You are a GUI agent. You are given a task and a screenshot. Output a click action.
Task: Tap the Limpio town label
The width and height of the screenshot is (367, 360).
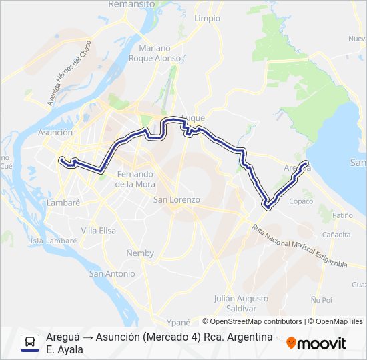207,19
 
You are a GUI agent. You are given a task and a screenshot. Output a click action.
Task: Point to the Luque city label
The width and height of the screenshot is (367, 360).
193,118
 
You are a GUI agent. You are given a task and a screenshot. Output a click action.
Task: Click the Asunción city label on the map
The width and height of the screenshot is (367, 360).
55,133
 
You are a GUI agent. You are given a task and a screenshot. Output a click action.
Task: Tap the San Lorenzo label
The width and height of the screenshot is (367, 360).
177,200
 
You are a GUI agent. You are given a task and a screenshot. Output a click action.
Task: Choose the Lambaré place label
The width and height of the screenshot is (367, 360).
64,203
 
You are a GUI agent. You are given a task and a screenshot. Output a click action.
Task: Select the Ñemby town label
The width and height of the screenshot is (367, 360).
140,253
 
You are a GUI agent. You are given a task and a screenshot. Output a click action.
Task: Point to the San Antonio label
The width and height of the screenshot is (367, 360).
112,274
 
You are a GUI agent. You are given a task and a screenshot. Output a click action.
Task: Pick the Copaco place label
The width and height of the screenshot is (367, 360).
302,201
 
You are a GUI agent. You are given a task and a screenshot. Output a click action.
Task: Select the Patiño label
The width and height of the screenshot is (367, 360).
342,215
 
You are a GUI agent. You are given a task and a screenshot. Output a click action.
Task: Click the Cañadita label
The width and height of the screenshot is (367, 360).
336,235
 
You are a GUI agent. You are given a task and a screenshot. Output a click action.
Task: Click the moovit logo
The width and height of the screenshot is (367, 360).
316,343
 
